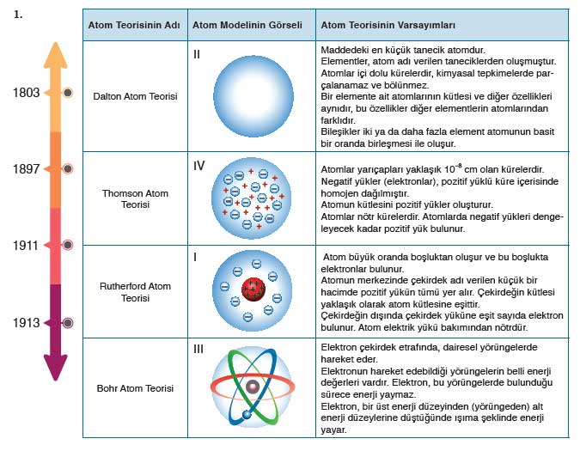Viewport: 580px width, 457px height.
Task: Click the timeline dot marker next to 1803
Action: (68, 92)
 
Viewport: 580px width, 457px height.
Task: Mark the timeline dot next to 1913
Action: (68, 323)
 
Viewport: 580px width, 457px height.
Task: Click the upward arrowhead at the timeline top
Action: (56, 53)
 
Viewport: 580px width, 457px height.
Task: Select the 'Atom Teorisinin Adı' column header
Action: (134, 26)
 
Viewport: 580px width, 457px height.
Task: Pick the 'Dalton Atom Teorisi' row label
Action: (135, 97)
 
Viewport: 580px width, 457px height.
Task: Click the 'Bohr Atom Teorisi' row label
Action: (135, 388)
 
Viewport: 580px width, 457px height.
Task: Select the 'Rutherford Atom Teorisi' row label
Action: (135, 292)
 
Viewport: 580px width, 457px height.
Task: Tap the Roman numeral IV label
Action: (199, 161)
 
